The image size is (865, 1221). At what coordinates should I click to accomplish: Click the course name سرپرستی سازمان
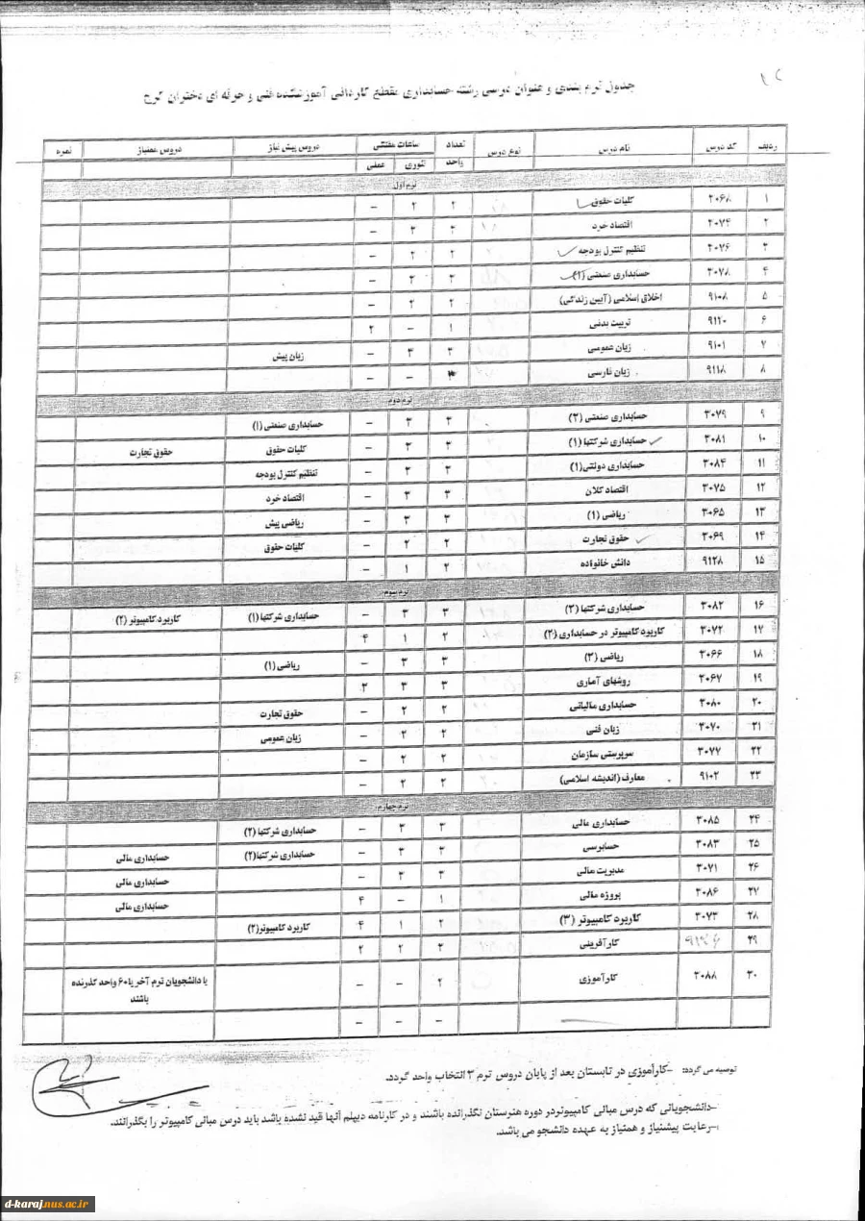[594, 753]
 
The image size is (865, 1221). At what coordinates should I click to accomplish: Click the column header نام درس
[614, 150]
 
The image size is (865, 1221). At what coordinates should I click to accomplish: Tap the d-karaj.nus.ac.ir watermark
[48, 1203]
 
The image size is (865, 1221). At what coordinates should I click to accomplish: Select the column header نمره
[63, 150]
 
